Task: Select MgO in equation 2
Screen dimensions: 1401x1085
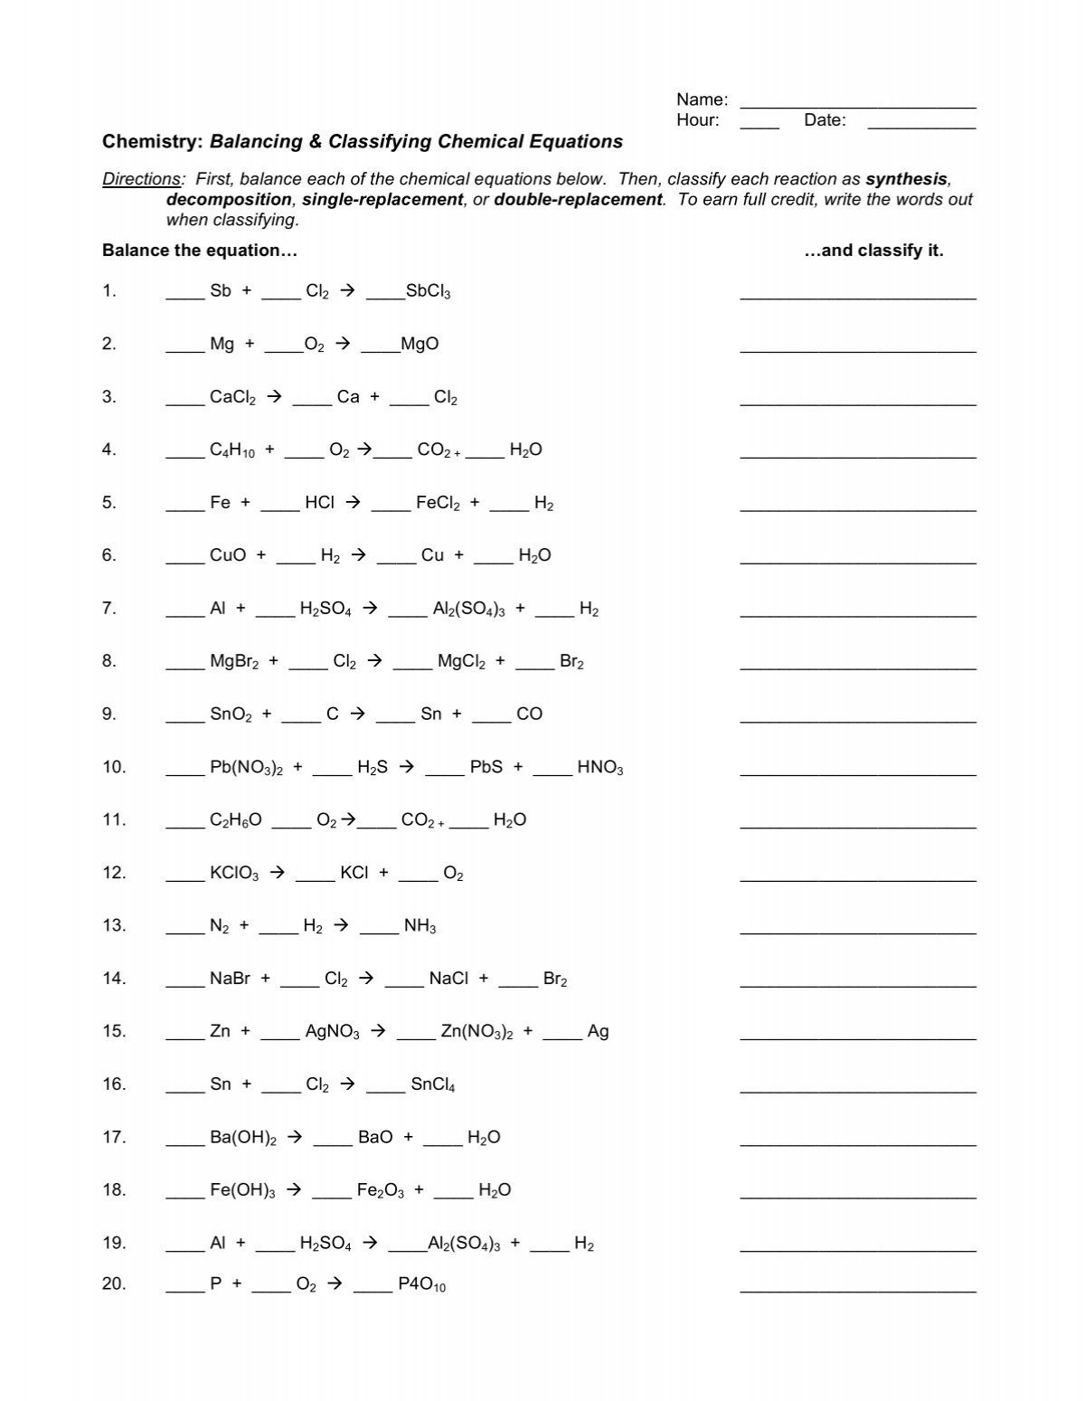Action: (420, 344)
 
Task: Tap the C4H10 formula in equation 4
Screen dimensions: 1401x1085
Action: (231, 450)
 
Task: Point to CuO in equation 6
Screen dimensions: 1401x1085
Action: (227, 555)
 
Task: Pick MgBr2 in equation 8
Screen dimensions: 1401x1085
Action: (234, 662)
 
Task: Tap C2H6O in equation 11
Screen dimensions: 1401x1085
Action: (235, 820)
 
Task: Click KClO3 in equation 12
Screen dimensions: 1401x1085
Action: (234, 874)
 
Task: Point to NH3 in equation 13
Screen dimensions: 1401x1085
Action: (420, 926)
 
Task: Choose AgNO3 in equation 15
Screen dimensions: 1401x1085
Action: (332, 1032)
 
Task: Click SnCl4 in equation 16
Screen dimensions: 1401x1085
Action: (432, 1084)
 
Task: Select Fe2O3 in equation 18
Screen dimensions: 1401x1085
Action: (380, 1190)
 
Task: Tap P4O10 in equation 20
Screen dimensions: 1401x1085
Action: (421, 1284)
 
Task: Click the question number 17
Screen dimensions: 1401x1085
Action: (113, 1137)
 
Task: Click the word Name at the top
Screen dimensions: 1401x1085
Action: (702, 99)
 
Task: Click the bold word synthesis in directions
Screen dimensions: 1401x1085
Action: (906, 179)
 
